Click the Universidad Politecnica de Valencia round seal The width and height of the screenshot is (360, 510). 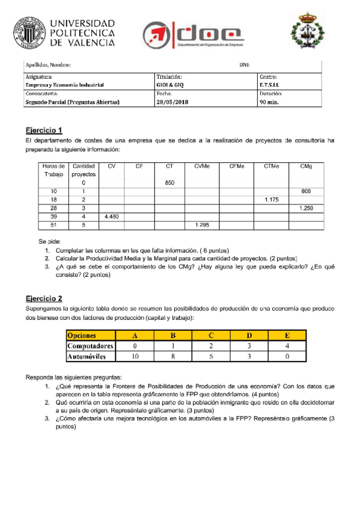click(x=29, y=31)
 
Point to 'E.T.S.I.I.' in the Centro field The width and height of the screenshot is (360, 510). click(x=270, y=85)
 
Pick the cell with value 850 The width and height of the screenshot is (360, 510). click(x=169, y=182)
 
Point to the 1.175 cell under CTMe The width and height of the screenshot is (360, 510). click(x=271, y=199)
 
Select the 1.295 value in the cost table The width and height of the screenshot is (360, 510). click(x=202, y=224)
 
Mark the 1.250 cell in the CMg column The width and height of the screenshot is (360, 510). click(x=306, y=207)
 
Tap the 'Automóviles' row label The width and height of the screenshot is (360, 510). click(x=87, y=356)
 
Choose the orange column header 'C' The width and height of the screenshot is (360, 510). click(x=211, y=336)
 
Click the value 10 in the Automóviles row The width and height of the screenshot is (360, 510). click(x=135, y=356)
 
